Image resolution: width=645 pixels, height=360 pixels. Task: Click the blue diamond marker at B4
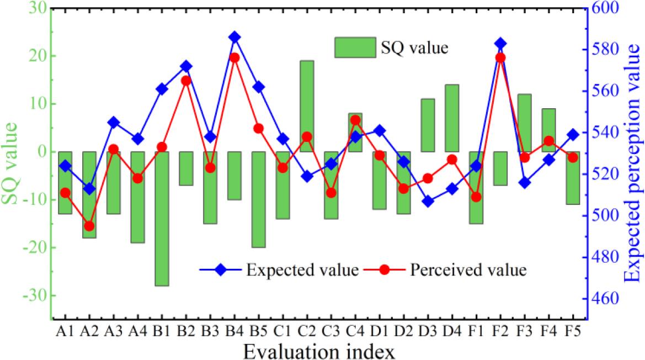(x=234, y=37)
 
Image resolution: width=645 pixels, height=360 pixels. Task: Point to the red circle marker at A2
(x=89, y=226)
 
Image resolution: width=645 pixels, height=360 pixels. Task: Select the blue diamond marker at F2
(x=500, y=43)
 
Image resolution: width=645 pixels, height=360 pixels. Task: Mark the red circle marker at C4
(x=355, y=120)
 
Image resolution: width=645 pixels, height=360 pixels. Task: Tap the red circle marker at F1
(x=476, y=197)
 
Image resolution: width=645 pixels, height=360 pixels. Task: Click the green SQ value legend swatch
(x=354, y=47)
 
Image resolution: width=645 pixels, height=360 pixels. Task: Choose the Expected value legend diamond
(x=221, y=270)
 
